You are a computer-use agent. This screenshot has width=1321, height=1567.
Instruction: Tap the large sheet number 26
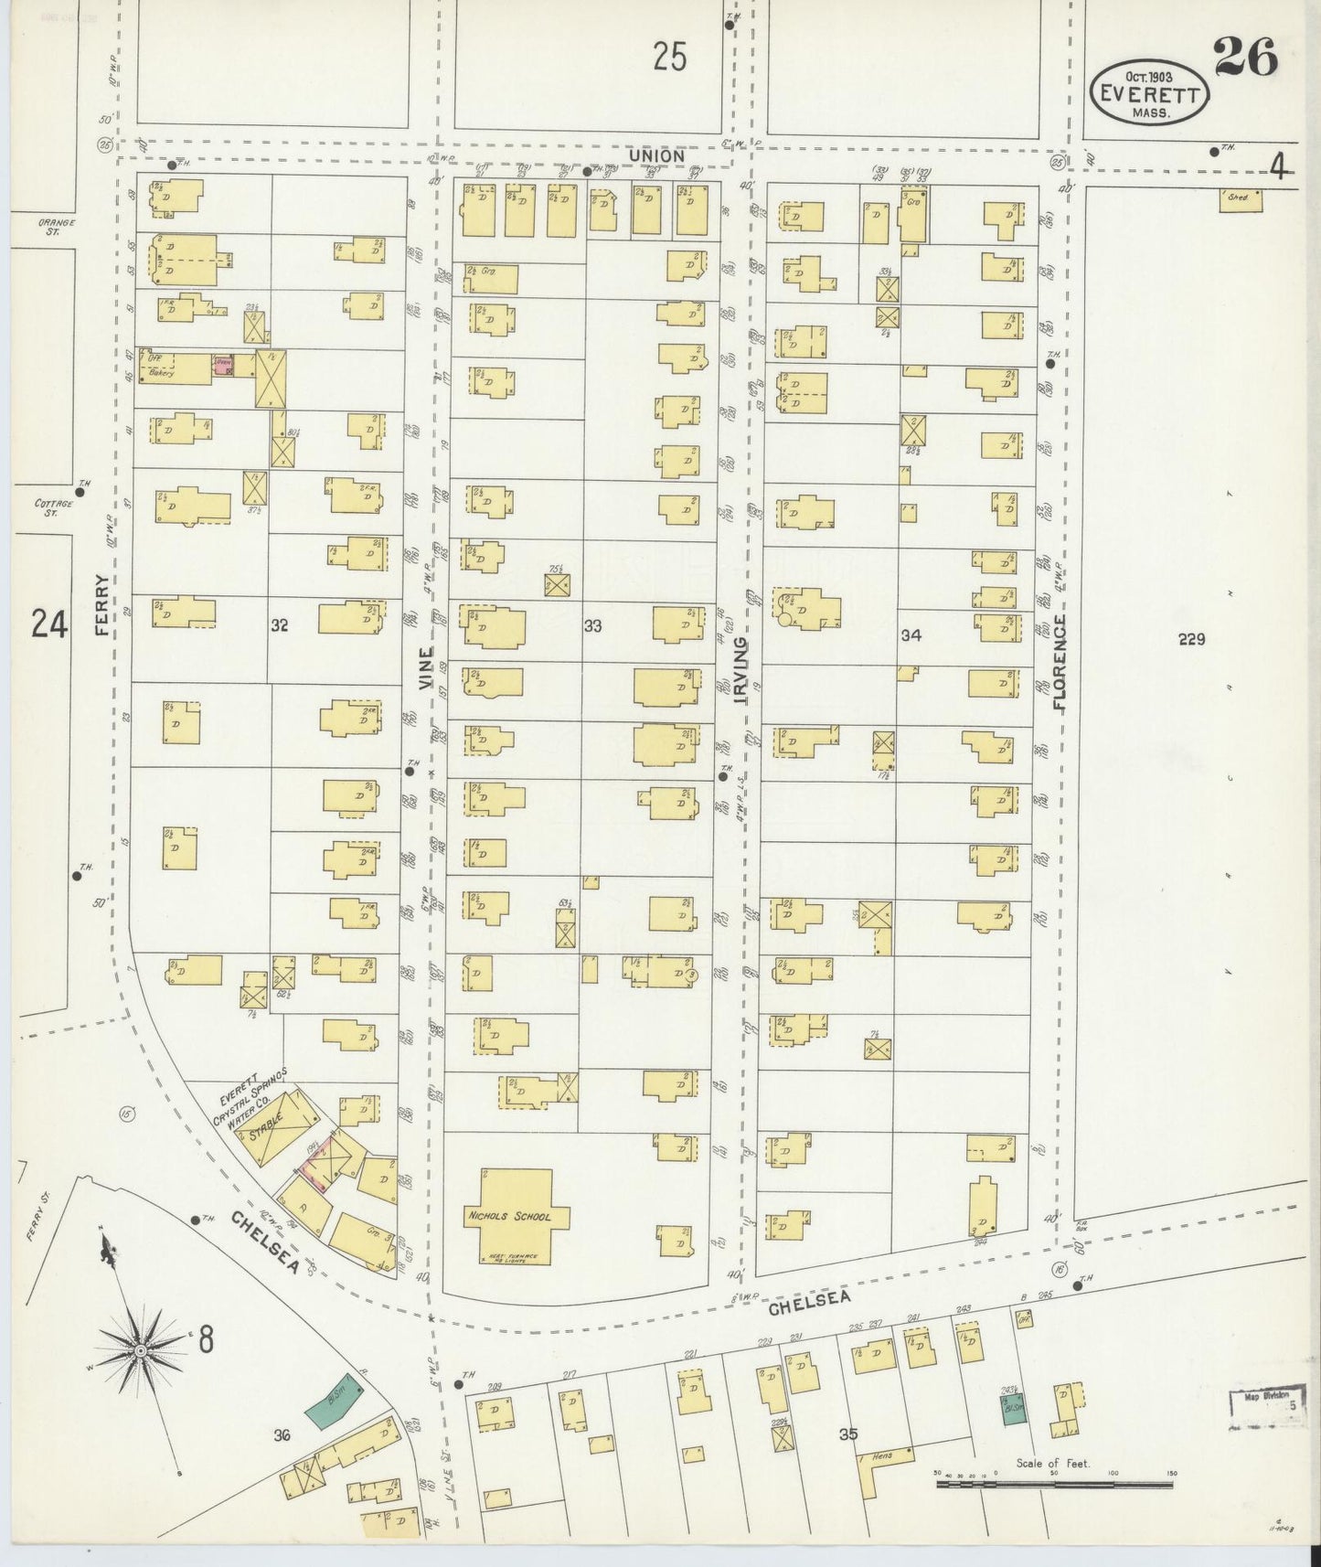pyautogui.click(x=1245, y=60)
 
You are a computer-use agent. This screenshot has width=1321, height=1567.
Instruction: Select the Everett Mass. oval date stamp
pyautogui.click(x=1149, y=92)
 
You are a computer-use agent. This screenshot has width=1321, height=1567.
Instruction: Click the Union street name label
pyautogui.click(x=656, y=156)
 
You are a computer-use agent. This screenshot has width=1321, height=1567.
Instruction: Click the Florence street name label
pyautogui.click(x=1060, y=663)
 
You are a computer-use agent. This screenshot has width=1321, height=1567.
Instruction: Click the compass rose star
pyautogui.click(x=141, y=1349)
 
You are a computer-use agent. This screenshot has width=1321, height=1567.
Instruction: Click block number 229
pyautogui.click(x=1191, y=640)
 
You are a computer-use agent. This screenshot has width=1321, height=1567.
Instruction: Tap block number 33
pyautogui.click(x=593, y=626)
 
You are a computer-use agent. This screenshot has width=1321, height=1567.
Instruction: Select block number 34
pyautogui.click(x=909, y=635)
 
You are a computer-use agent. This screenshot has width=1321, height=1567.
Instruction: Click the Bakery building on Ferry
pyautogui.click(x=174, y=368)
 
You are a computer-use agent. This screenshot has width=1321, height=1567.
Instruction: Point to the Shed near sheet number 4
pyautogui.click(x=1240, y=200)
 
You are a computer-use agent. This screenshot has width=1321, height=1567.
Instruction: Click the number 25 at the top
pyautogui.click(x=670, y=59)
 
